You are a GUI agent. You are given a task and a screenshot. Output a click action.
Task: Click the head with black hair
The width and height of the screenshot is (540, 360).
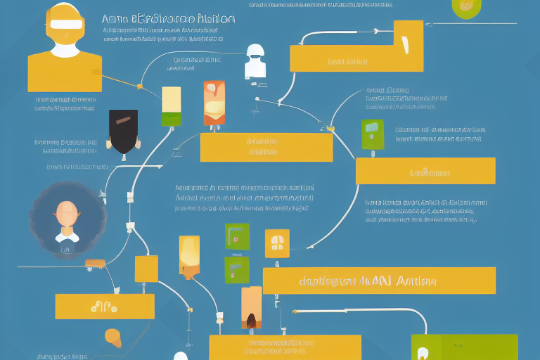tap(123, 131)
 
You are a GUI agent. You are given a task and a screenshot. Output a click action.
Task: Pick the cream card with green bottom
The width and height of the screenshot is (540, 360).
tap(172, 106)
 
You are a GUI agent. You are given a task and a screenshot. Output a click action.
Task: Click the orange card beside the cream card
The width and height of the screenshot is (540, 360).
tap(214, 103)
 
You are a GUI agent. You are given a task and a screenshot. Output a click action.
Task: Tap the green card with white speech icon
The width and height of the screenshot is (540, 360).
tap(372, 134)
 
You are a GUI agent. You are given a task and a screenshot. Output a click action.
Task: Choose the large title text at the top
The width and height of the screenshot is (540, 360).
tap(169, 19)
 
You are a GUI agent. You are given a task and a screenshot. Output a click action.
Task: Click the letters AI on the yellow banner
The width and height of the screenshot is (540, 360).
tap(380, 281)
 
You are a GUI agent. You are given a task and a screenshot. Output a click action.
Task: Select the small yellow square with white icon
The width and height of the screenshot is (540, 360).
tap(276, 243)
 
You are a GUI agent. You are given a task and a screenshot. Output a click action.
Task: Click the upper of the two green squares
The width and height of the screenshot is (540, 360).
tap(236, 236)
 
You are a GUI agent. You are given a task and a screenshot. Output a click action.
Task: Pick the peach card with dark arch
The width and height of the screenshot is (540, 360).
tap(251, 308)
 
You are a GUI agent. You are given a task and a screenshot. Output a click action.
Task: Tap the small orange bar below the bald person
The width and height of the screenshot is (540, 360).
tap(94, 264)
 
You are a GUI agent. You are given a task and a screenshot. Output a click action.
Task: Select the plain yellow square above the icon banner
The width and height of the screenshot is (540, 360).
tap(146, 269)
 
